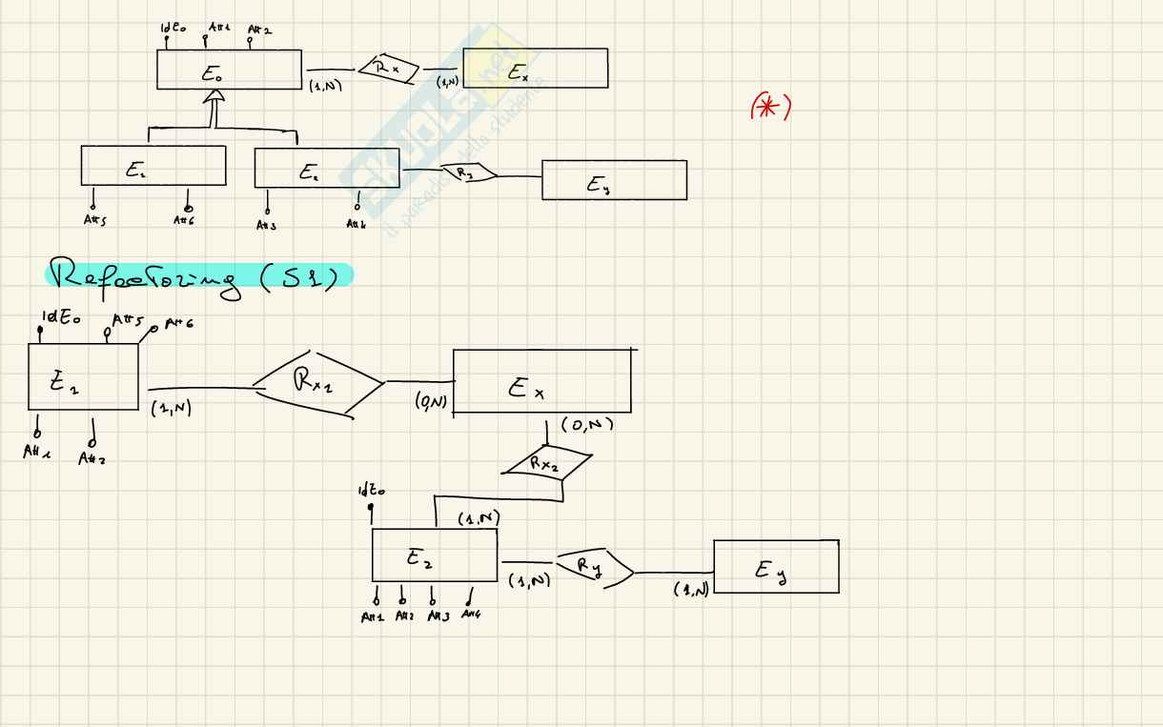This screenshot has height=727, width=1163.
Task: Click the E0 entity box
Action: click(x=229, y=71)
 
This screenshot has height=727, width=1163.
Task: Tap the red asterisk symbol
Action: click(x=771, y=108)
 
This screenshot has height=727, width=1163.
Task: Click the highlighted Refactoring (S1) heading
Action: click(x=198, y=275)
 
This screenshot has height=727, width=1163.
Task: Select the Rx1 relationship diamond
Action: click(x=318, y=385)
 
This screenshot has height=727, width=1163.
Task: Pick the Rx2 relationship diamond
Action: click(x=546, y=464)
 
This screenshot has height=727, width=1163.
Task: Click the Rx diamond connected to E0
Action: click(x=388, y=69)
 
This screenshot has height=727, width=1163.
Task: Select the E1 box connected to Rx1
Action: click(x=83, y=377)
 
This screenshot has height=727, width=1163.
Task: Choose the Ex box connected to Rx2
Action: click(x=541, y=381)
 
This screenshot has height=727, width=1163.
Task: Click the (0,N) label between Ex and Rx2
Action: click(x=586, y=425)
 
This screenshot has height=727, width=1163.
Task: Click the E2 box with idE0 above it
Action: click(x=435, y=555)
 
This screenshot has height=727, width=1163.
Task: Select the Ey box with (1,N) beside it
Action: click(x=776, y=567)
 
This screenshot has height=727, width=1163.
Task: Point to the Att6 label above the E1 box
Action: click(x=177, y=325)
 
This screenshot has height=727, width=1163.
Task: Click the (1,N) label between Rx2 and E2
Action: click(x=479, y=518)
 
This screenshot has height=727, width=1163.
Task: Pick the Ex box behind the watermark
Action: click(x=535, y=69)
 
